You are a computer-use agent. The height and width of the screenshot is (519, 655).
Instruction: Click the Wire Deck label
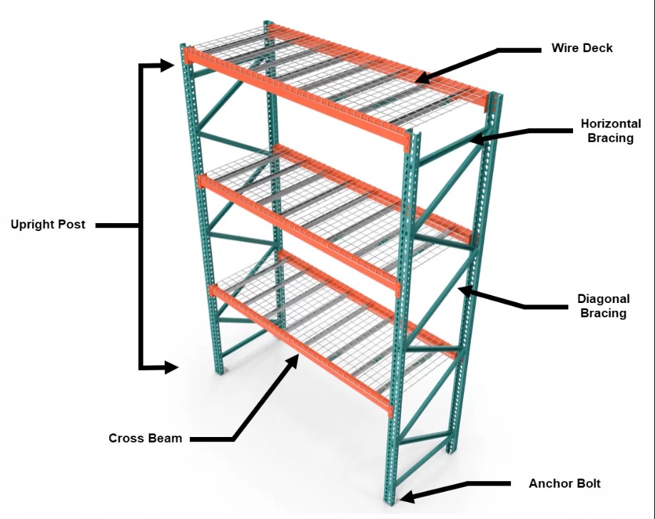click(x=582, y=48)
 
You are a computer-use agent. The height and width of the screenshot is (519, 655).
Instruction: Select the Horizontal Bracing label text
click(x=610, y=130)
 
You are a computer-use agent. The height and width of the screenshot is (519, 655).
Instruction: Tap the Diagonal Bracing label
click(x=603, y=306)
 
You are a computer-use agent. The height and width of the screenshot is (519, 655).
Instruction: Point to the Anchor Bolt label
click(x=564, y=483)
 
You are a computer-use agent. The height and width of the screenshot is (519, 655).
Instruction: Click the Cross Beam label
click(x=145, y=438)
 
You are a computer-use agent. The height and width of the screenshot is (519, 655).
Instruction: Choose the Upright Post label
click(x=48, y=225)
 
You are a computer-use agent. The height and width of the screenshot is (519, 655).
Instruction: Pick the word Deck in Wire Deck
click(x=598, y=48)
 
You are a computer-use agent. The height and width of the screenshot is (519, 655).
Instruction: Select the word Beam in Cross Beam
click(x=165, y=438)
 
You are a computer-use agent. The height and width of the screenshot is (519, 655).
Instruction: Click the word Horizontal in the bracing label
click(x=610, y=124)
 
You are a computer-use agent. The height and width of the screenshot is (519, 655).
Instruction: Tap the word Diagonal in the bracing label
click(x=603, y=299)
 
